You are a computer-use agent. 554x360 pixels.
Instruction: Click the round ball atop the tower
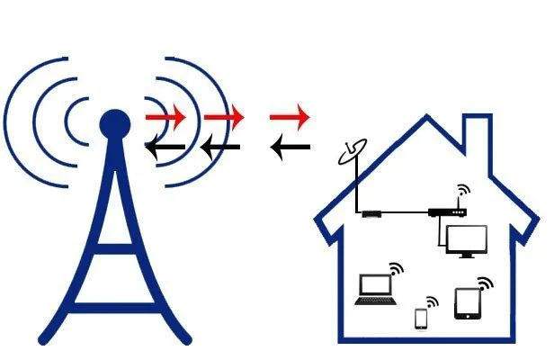point(113,122)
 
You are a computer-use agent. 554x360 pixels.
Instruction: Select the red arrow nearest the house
point(290,116)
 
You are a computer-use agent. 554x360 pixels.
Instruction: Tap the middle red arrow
point(224,116)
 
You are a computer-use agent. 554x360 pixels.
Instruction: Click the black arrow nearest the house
point(290,145)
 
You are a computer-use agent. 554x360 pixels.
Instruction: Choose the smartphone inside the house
point(420,319)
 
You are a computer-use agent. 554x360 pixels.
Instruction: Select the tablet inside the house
point(467,304)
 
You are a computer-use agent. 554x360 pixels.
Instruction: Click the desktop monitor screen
point(466,240)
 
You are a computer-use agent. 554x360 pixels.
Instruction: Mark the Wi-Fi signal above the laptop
point(395,269)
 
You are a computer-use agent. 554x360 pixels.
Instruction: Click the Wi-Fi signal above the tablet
point(487,283)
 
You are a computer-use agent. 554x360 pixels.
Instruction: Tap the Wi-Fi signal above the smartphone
point(432,301)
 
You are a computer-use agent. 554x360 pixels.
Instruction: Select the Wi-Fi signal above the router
point(463,192)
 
